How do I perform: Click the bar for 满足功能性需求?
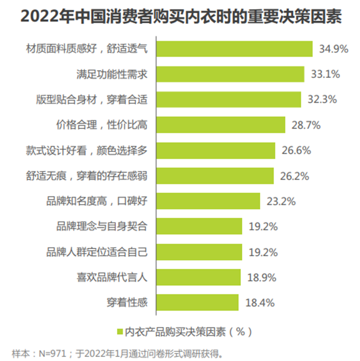pyautogui.click(x=230, y=74)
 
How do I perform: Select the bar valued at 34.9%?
pyautogui.click(x=234, y=49)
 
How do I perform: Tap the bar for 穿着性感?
pyautogui.click(x=197, y=302)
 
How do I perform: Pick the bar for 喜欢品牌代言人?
pyautogui.click(x=198, y=277)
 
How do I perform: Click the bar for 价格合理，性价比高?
pyautogui.click(x=221, y=125)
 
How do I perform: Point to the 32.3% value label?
pyautogui.click(x=322, y=99)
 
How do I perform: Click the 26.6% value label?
pyautogui.click(x=296, y=150)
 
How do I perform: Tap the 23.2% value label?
pyautogui.click(x=281, y=201)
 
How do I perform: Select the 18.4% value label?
pyautogui.click(x=260, y=303)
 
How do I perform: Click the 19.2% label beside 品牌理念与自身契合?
pyautogui.click(x=263, y=226)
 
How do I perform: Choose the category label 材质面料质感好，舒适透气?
pyautogui.click(x=87, y=49)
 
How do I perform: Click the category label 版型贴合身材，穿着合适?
pyautogui.click(x=92, y=99)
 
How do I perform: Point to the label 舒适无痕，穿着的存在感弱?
pyautogui.click(x=87, y=176)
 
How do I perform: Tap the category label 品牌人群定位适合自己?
pyautogui.click(x=97, y=252)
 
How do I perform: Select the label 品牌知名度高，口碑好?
pyautogui.click(x=97, y=201)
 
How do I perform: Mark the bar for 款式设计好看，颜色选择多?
pyautogui.click(x=216, y=150)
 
